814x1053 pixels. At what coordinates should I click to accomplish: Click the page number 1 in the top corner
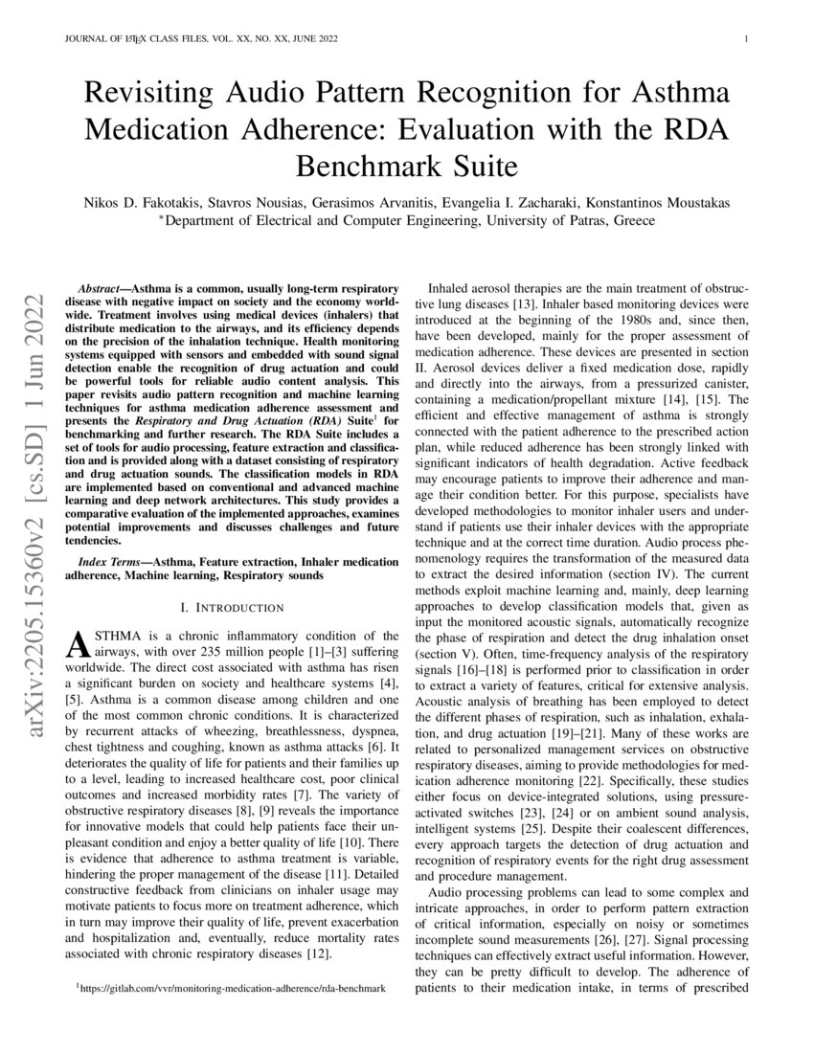pos(745,39)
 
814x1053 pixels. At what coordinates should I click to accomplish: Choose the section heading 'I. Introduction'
pos(232,608)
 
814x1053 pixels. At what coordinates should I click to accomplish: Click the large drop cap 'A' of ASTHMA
pos(76,645)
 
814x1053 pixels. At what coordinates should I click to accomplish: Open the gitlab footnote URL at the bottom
pos(234,987)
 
